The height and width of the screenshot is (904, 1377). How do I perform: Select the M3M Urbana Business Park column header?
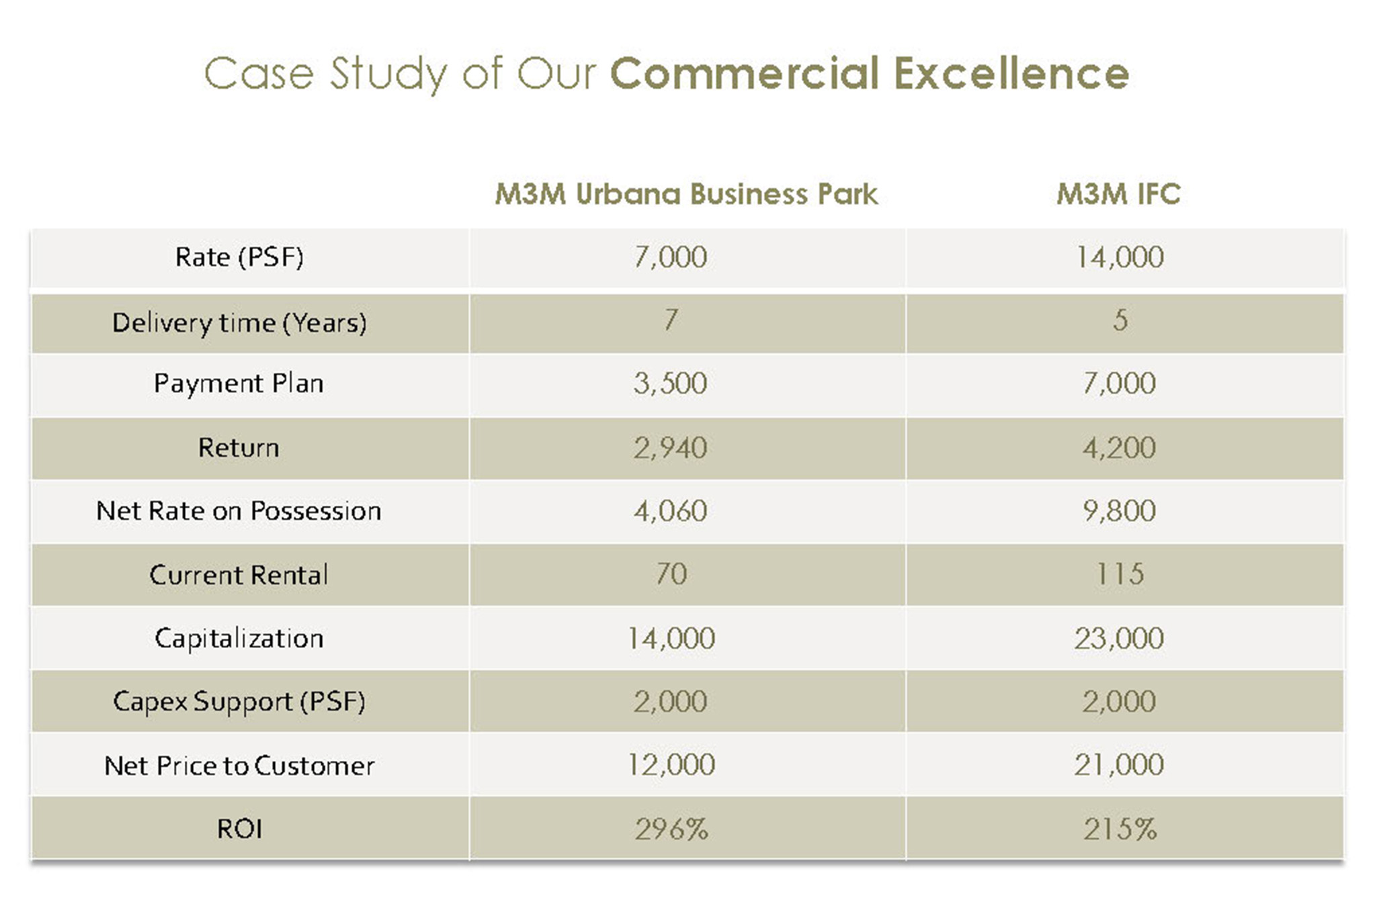tap(686, 194)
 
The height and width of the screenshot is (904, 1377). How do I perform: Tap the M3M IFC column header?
tap(1118, 194)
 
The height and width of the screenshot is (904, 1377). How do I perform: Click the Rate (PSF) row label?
tap(239, 257)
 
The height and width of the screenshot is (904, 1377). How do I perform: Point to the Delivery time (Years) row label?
tap(239, 323)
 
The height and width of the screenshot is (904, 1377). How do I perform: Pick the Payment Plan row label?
tap(239, 383)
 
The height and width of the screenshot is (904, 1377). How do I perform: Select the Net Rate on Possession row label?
tap(239, 511)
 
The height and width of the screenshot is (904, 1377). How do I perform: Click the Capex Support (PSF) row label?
tap(239, 701)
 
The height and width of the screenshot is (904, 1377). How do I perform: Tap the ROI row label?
tap(239, 829)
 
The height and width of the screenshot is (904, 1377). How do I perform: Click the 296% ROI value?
tap(671, 829)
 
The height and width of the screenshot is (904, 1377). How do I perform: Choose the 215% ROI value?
tap(1120, 829)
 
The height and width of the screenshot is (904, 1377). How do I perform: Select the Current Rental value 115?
tap(1120, 574)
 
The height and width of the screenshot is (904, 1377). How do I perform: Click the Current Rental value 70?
tap(671, 574)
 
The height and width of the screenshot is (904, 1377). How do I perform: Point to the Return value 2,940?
tap(671, 448)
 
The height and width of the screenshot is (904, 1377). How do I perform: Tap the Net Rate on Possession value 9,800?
tap(1120, 511)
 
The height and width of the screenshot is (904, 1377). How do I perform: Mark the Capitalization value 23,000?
tap(1120, 638)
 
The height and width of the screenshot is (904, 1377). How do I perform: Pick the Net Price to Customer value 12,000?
tap(671, 765)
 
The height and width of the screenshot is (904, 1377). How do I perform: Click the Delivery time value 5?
tap(1120, 320)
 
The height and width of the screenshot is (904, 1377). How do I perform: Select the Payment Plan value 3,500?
tap(671, 383)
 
